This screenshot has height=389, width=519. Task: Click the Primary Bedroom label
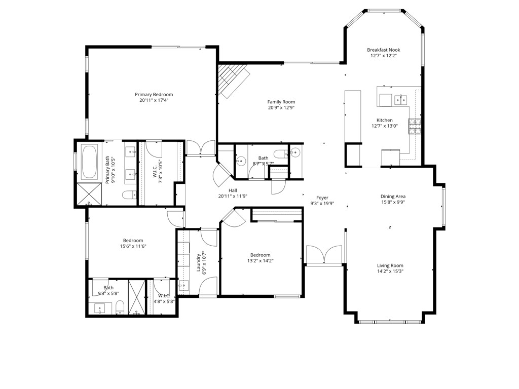tap(154, 94)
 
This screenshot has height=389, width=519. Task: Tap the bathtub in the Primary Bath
tap(90, 162)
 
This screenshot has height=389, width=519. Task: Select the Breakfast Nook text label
tap(384, 50)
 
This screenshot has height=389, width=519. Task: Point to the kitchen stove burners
tap(415, 127)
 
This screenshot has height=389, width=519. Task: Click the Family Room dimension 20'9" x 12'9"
tap(281, 107)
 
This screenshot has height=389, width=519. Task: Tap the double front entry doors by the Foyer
tap(324, 255)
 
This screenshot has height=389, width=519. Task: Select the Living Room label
tap(390, 265)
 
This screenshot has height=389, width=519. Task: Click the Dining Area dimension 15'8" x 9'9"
tap(393, 202)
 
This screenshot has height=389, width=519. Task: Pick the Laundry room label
tap(198, 262)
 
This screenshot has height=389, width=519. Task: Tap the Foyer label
tap(322, 198)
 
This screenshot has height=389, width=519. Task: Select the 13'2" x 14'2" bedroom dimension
tap(260, 261)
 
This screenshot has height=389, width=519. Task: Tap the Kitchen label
tap(384, 120)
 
